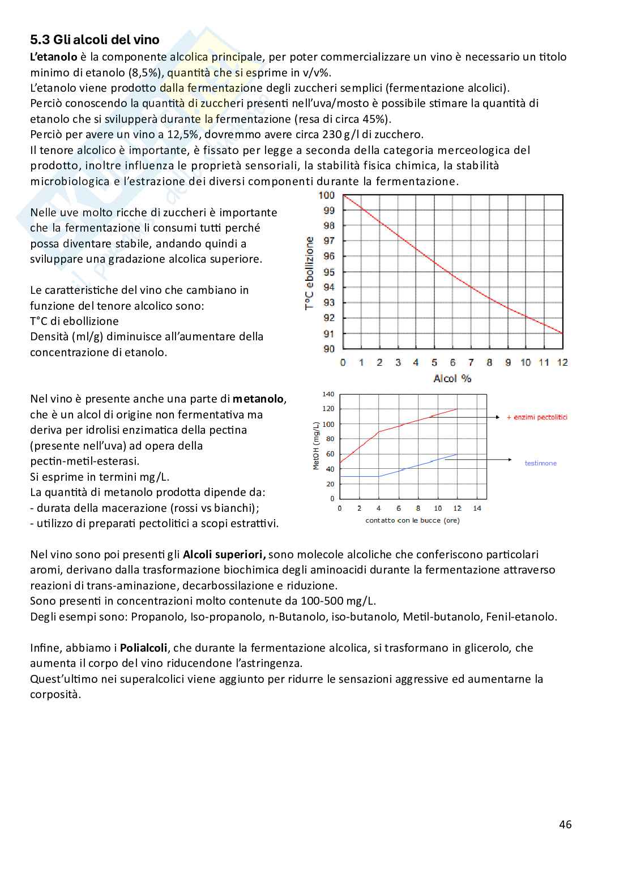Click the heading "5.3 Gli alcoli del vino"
click(x=95, y=40)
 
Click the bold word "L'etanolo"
click(x=53, y=57)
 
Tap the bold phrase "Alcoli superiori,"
click(x=225, y=554)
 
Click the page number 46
click(x=565, y=824)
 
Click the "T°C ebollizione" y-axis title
click(x=310, y=273)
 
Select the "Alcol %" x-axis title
click(x=452, y=378)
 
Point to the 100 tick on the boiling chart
click(x=327, y=195)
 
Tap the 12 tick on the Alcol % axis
click(x=562, y=362)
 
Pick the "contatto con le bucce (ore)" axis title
click(x=412, y=520)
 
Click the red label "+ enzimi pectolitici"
click(x=537, y=417)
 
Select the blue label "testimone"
click(x=540, y=463)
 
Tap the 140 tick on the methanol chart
click(x=328, y=394)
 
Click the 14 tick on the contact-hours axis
click(x=477, y=508)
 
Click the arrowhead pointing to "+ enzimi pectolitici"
click(x=498, y=417)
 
